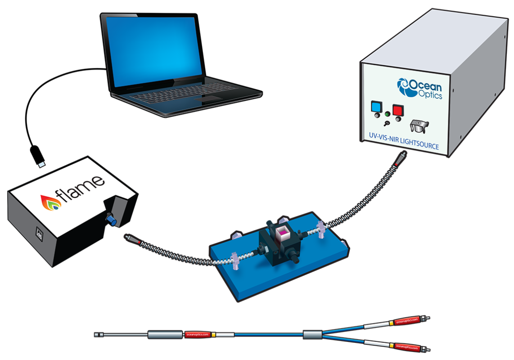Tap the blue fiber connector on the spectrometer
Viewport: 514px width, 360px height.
pyautogui.click(x=109, y=219)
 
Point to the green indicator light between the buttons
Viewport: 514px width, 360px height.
pyautogui.click(x=387, y=113)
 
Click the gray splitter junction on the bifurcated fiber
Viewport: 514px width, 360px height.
pyautogui.click(x=311, y=334)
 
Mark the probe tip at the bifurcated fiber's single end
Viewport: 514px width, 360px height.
pyautogui.click(x=99, y=334)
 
